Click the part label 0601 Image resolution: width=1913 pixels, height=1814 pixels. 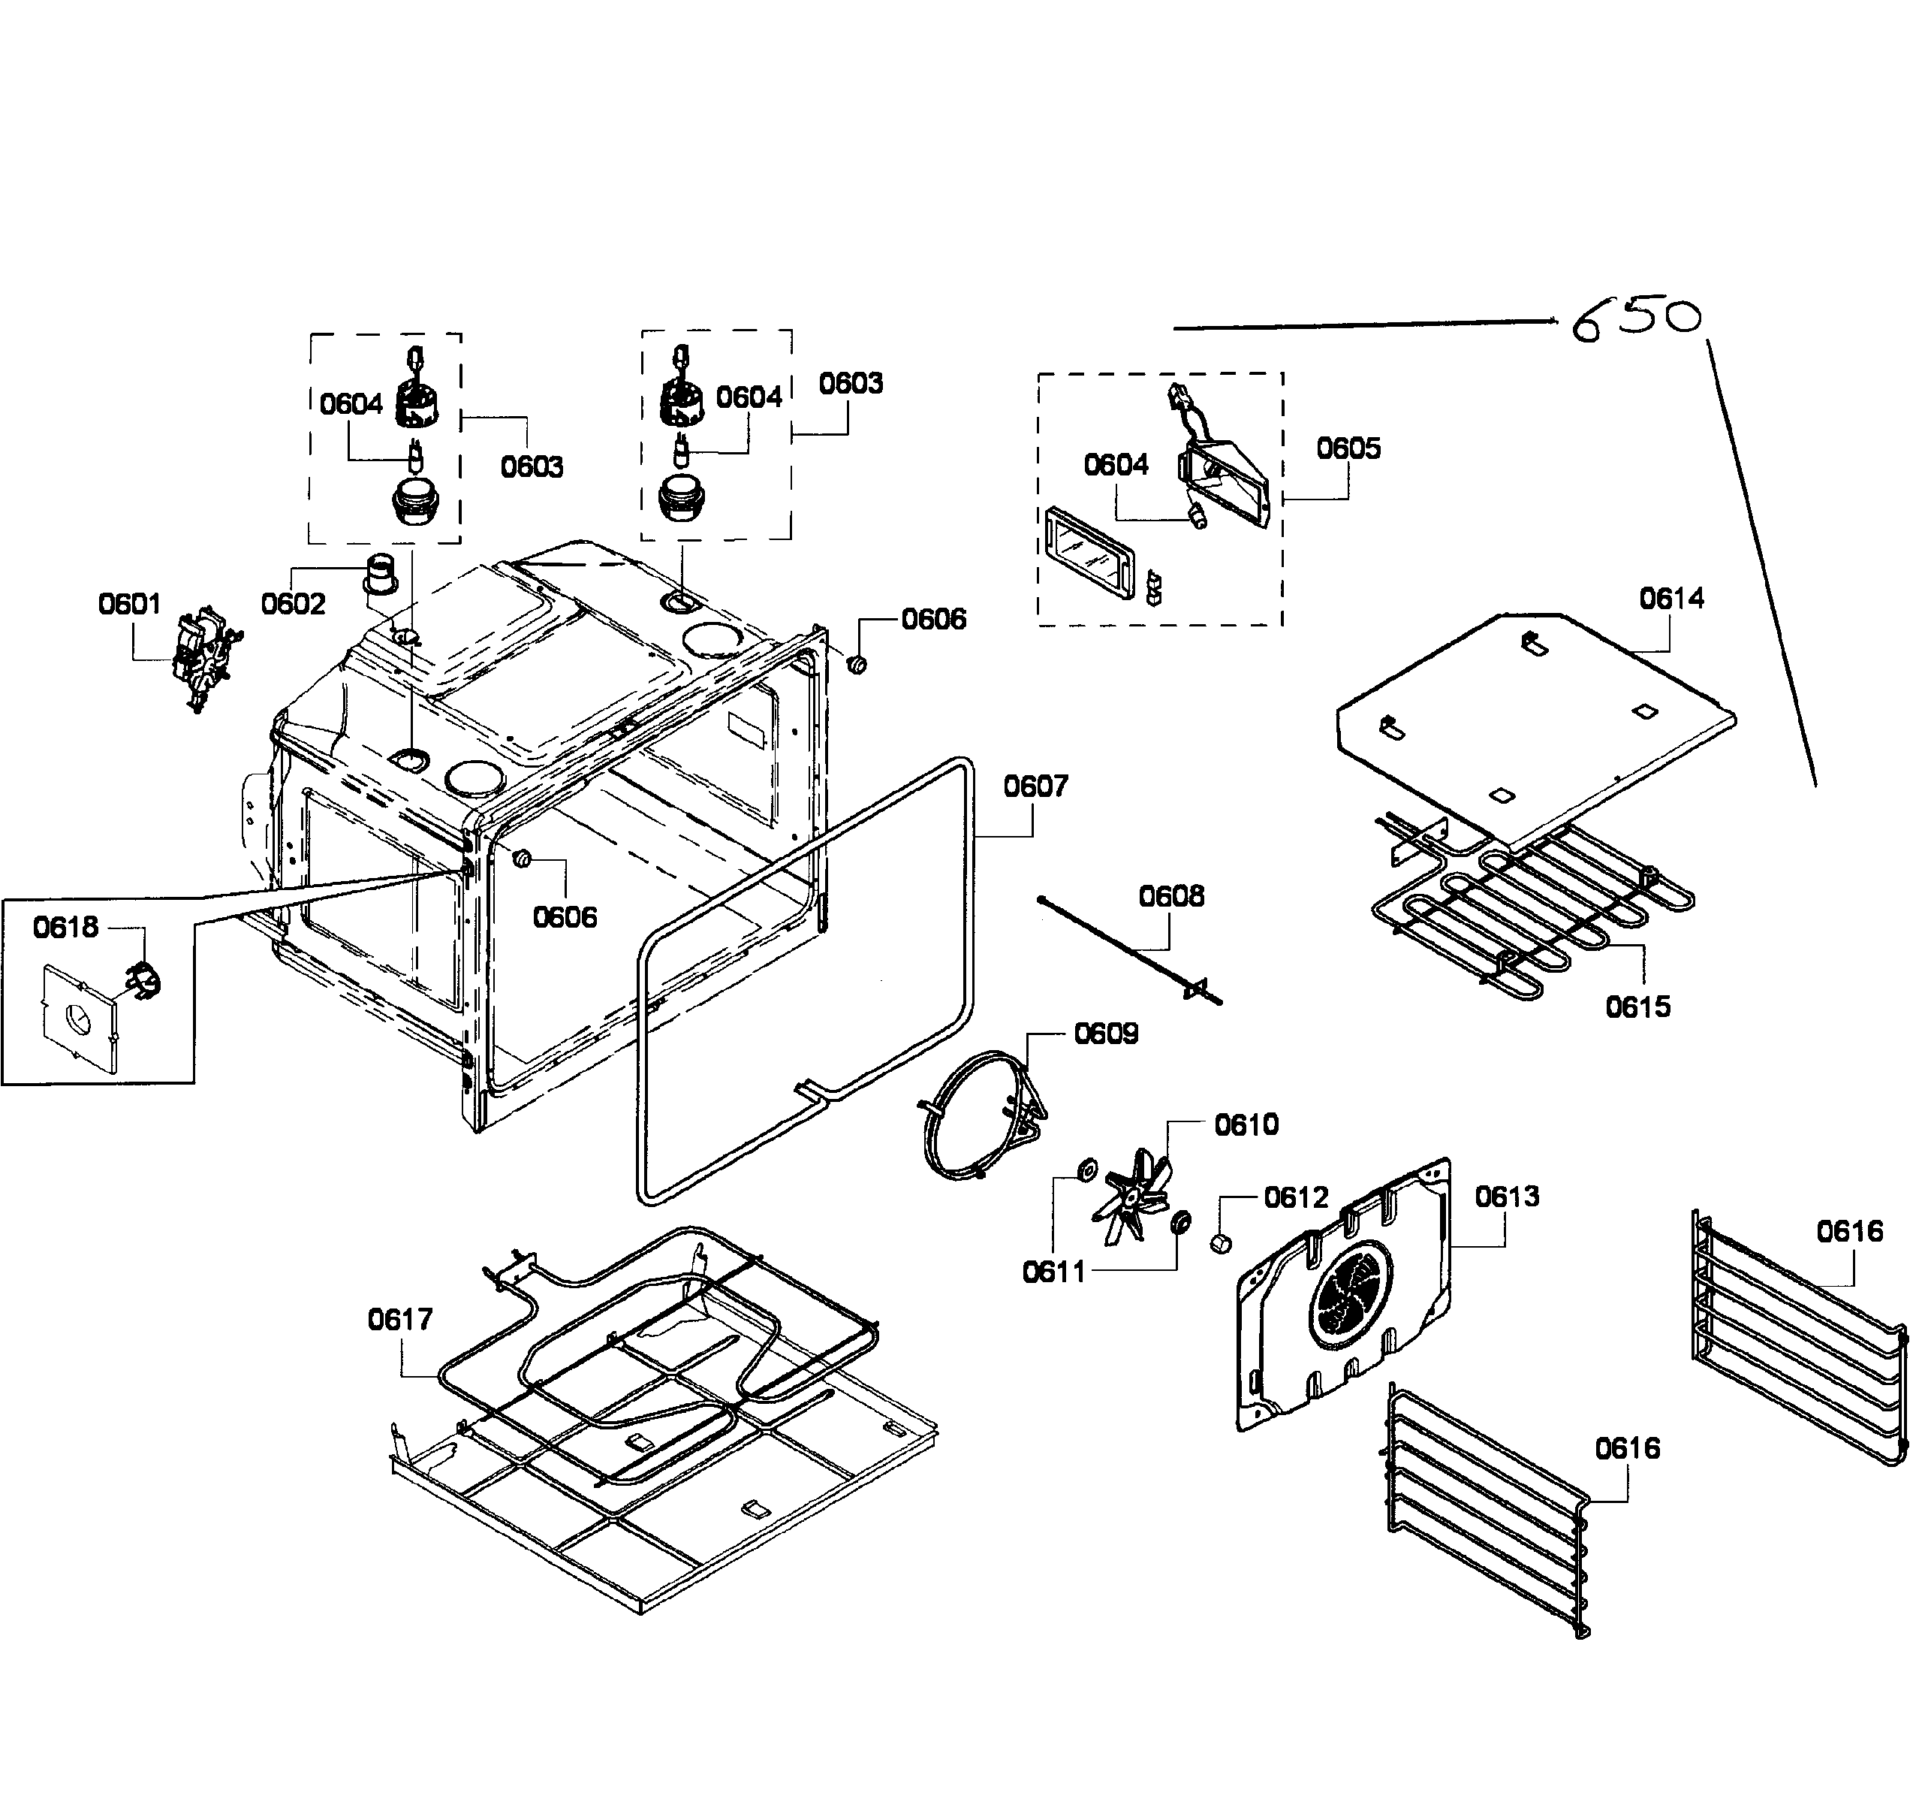click(130, 605)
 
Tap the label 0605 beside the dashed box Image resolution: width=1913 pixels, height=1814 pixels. click(1348, 448)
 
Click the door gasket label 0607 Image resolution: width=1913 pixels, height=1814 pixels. click(1035, 786)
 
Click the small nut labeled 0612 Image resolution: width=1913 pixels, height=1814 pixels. click(1220, 1242)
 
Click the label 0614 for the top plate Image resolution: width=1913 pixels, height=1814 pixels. click(1671, 599)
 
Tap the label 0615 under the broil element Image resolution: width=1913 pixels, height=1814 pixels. click(1637, 1007)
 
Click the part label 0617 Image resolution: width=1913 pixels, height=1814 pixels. click(400, 1319)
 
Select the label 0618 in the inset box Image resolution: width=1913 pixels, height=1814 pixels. click(66, 928)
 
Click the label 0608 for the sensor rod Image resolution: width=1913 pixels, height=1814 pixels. click(1171, 896)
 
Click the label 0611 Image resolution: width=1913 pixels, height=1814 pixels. click(1053, 1272)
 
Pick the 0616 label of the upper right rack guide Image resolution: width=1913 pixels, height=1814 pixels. click(1849, 1231)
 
